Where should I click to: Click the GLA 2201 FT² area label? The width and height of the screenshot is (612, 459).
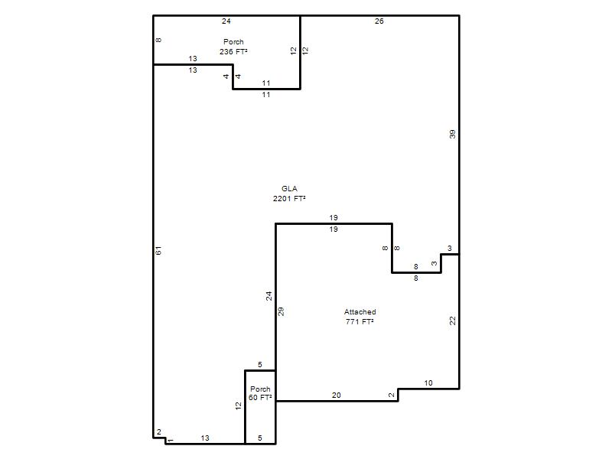[x=289, y=194]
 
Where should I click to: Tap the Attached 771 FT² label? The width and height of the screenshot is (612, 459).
[x=360, y=317]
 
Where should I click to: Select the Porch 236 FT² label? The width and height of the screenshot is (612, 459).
[x=233, y=47]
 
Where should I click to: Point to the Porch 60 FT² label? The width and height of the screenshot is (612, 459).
[x=260, y=393]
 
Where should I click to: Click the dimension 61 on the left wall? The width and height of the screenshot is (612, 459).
[x=158, y=251]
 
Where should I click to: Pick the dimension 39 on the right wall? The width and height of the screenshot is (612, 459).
[x=452, y=135]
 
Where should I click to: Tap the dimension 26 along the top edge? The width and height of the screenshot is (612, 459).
[x=379, y=21]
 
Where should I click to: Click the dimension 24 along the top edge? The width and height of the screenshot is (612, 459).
[x=226, y=21]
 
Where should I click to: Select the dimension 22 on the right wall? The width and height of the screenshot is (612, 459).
[x=452, y=321]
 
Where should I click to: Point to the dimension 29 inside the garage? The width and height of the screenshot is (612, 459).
[x=281, y=311]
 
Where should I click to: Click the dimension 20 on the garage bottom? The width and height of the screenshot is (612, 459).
[x=336, y=395]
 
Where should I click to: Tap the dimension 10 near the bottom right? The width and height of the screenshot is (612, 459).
[x=428, y=383]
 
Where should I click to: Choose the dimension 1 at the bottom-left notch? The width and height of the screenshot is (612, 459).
[x=171, y=441]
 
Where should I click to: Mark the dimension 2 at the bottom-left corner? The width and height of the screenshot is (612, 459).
[x=159, y=432]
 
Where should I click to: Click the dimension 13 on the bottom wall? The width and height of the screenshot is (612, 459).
[x=205, y=438]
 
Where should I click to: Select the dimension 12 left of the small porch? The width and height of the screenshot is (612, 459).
[x=239, y=406]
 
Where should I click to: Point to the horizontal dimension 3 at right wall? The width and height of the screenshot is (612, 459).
[x=450, y=248]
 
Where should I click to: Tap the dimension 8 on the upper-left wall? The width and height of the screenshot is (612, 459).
[x=158, y=40]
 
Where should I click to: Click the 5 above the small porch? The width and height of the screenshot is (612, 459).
[x=260, y=365]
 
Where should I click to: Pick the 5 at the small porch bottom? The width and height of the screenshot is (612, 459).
[x=260, y=438]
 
